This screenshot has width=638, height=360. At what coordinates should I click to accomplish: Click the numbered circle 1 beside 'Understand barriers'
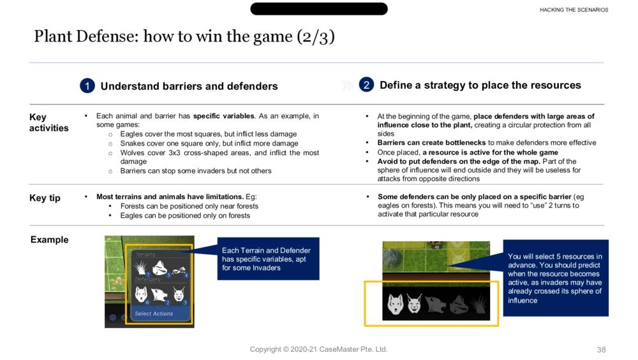[87, 86]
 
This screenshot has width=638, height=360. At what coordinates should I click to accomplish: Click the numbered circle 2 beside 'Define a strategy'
[366, 84]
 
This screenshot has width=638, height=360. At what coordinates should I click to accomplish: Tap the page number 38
[601, 350]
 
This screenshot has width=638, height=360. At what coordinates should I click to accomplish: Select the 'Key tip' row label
[45, 198]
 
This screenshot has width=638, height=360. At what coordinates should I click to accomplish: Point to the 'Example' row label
[49, 240]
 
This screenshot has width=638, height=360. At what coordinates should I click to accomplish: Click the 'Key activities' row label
[48, 123]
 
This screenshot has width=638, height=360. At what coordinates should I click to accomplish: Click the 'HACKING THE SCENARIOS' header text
[574, 10]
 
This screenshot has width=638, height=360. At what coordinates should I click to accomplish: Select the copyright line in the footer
[318, 349]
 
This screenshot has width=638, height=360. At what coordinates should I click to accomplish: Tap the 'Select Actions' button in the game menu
[154, 313]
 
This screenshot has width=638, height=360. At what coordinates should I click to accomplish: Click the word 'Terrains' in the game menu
[145, 255]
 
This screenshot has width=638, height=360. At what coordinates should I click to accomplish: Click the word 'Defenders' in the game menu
[147, 280]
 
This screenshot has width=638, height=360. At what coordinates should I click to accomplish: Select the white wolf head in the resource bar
[396, 304]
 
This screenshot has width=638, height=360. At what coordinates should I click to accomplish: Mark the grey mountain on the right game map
[392, 257]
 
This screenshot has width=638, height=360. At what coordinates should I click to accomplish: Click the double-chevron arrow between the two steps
[347, 86]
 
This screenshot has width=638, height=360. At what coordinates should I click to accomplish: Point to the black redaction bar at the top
[319, 9]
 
